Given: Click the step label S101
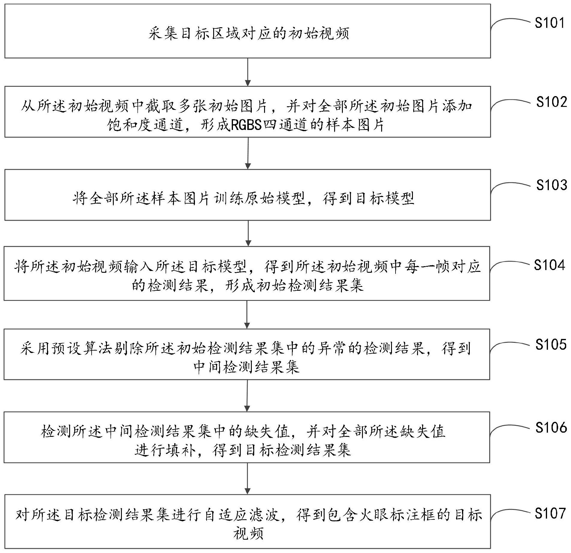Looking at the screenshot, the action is pos(549,23).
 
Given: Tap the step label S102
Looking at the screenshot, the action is pos(552,102).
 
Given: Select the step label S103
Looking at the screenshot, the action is pos(552,185).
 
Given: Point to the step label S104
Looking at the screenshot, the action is pos(549,265).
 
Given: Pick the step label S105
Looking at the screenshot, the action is pos(551,344).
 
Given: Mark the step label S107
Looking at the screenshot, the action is pos(550,513).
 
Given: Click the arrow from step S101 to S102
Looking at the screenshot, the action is pos(248,72).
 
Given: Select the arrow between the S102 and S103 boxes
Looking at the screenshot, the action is pos(248,153).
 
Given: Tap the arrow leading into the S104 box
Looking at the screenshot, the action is pos(248,233).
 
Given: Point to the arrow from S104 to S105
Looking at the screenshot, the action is pos(247,314).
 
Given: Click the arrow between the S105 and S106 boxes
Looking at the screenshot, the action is pos(247,396).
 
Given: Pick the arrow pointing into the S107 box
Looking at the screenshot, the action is pos(247,478).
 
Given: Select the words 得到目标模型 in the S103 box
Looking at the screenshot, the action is pos(368,198).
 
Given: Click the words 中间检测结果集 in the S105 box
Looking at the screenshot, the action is pos(246,366).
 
